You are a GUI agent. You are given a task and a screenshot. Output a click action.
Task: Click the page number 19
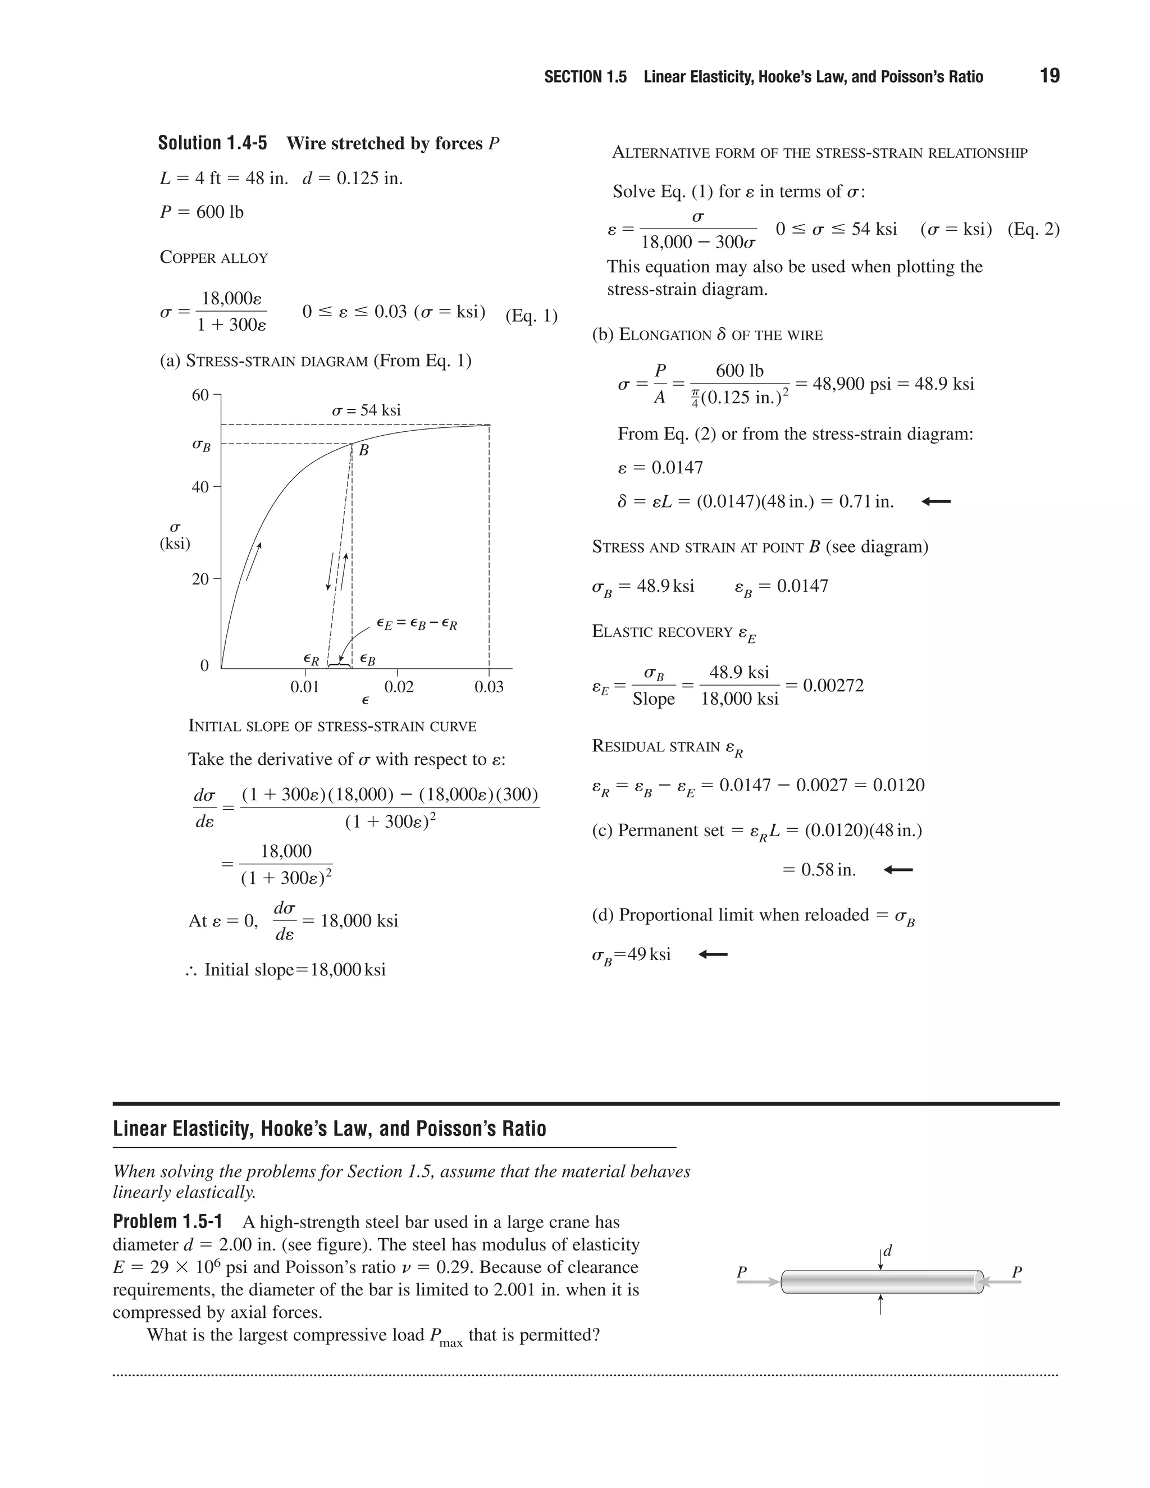[x=1049, y=76]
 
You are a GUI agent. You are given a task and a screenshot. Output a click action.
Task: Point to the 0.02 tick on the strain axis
[x=399, y=687]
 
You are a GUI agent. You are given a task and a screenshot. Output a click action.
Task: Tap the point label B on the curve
[x=364, y=450]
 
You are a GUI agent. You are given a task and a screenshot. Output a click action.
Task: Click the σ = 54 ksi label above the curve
[x=366, y=410]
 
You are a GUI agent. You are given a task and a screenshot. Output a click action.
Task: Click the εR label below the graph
[x=311, y=660]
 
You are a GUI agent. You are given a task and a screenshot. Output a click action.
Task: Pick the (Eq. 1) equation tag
[x=531, y=316]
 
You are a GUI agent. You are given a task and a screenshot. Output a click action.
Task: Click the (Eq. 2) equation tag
[x=1033, y=229]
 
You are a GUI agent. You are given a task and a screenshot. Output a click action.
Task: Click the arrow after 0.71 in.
[x=935, y=502]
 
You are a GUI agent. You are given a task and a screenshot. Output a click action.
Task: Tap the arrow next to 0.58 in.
[x=898, y=870]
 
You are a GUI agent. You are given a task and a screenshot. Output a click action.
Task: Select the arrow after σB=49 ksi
[x=713, y=955]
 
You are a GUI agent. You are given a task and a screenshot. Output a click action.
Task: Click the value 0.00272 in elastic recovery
[x=833, y=686]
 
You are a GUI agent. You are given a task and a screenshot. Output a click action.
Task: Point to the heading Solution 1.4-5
[x=213, y=143]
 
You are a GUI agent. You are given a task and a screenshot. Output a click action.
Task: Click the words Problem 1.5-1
[x=167, y=1222]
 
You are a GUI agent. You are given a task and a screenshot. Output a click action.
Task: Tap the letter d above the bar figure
[x=888, y=1251]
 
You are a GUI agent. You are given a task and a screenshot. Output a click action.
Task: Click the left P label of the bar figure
[x=742, y=1272]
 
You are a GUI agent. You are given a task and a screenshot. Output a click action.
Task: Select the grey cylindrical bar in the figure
[x=882, y=1282]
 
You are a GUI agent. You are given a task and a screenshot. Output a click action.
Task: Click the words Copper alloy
[x=213, y=258]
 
